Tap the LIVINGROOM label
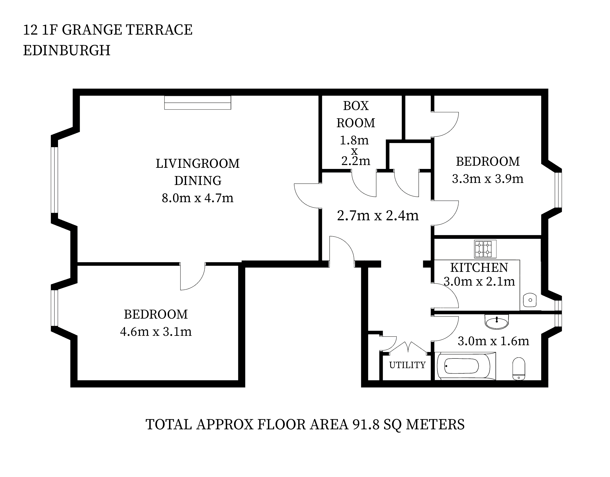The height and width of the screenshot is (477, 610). click(197, 164)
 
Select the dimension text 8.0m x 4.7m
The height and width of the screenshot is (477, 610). click(197, 198)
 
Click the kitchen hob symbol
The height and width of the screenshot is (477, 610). click(485, 249)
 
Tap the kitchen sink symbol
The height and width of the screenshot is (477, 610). click(530, 300)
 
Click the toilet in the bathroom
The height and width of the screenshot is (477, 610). click(519, 368)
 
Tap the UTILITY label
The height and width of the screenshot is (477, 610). click(407, 365)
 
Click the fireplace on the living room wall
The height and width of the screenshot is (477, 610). click(197, 103)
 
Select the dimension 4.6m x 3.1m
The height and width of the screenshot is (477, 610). click(156, 332)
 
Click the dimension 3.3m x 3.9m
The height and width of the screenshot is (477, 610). click(488, 179)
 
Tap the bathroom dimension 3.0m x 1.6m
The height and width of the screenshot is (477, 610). click(493, 341)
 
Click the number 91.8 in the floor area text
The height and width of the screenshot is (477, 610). click(366, 425)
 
